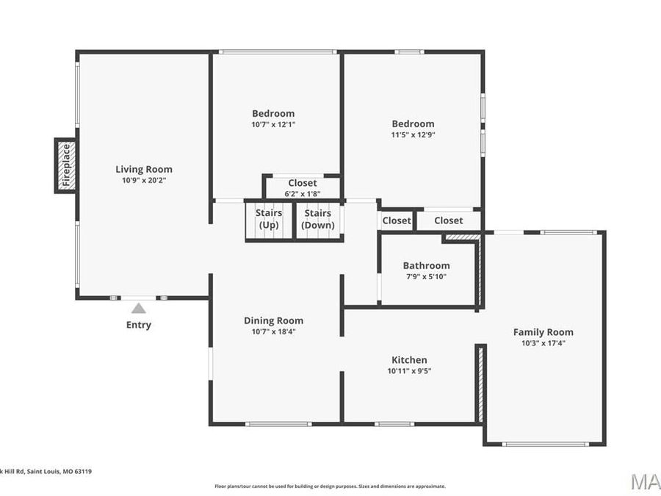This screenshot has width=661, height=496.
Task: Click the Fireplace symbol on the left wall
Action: tap(65, 165)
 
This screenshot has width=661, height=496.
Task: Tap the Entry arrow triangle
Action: tap(138, 309)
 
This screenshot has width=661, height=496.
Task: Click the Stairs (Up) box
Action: tap(268, 220)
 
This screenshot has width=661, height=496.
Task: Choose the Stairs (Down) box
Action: tap(318, 220)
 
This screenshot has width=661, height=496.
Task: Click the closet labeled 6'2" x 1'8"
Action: tap(302, 188)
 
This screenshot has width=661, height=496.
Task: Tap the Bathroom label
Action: tap(426, 265)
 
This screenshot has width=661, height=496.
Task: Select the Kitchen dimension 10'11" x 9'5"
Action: tap(409, 371)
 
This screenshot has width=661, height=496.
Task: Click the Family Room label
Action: tap(543, 332)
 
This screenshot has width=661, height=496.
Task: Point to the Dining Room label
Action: tap(273, 320)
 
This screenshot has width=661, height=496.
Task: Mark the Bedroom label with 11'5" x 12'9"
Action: tap(413, 123)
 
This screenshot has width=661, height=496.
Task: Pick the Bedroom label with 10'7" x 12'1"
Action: tap(273, 113)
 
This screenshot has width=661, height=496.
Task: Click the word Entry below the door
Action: tap(138, 325)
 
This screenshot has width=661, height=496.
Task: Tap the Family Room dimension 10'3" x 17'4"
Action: tap(543, 342)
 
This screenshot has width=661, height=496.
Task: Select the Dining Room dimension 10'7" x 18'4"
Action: tap(273, 331)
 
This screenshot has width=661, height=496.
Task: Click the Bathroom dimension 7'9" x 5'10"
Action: tap(426, 276)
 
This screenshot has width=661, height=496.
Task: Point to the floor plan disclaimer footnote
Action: tap(330, 486)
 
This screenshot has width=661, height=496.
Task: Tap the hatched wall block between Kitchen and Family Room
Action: tap(480, 384)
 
